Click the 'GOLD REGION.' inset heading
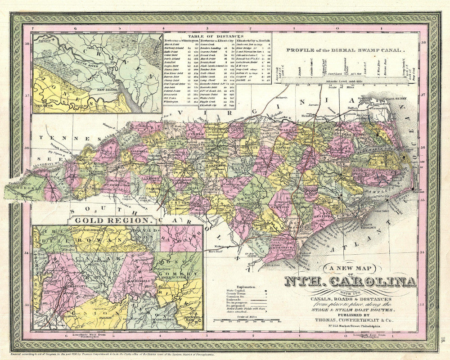(112, 220)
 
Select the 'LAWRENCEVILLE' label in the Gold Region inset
(178, 278)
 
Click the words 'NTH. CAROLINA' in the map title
(350, 282)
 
